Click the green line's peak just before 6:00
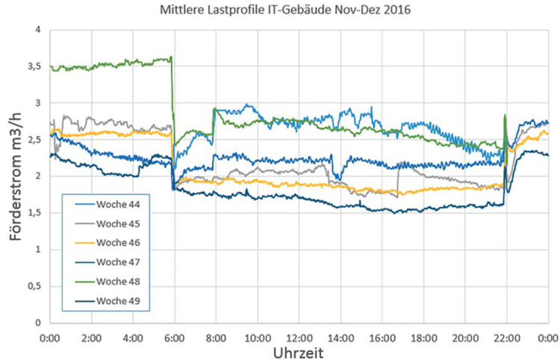[x=171, y=57]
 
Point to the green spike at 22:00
[x=505, y=116]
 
